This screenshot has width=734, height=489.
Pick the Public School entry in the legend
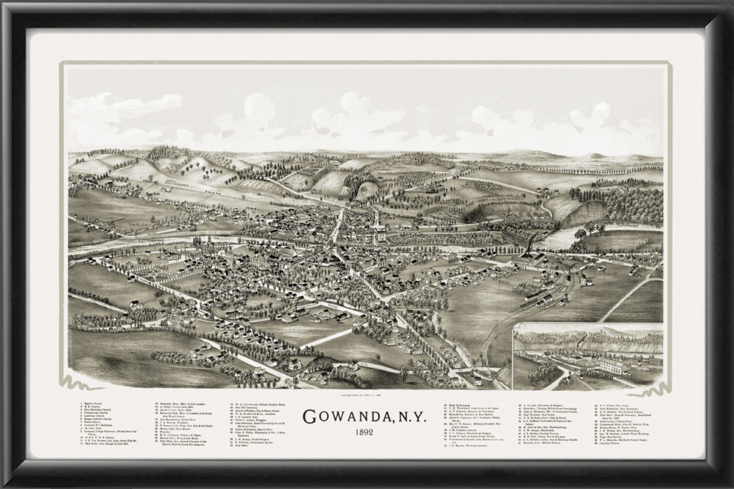tap(92, 423)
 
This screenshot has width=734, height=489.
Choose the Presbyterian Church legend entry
tap(95, 415)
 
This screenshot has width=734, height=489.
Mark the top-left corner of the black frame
tap(4, 4)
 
